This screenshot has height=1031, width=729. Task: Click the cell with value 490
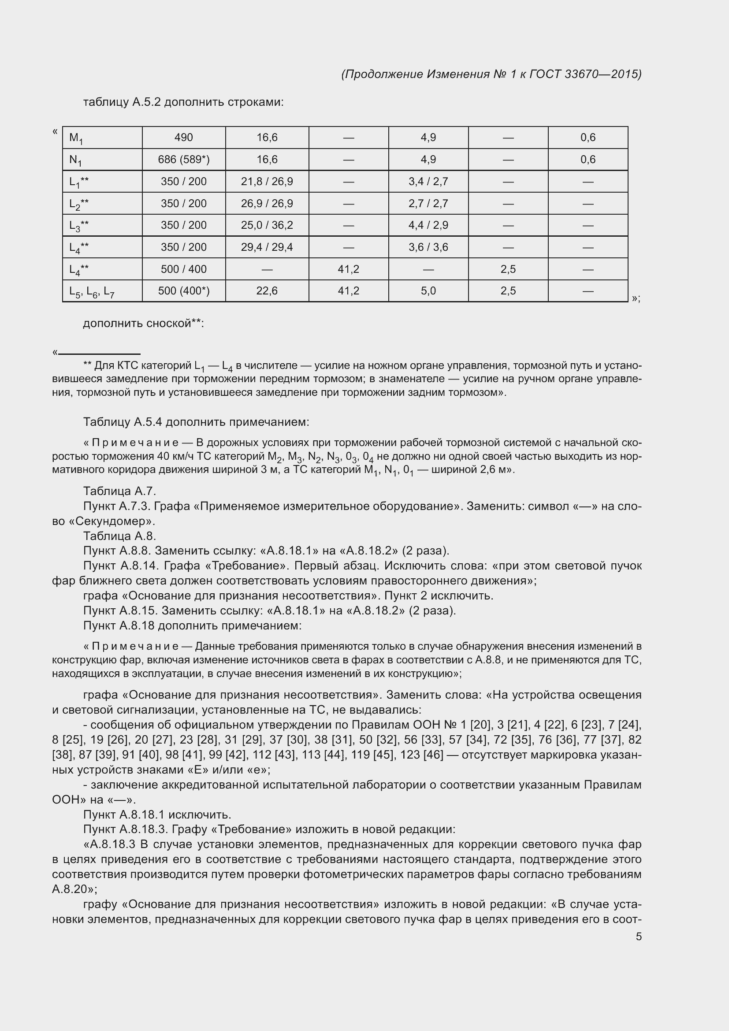pos(184,138)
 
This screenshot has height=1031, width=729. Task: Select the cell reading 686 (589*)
pos(184,160)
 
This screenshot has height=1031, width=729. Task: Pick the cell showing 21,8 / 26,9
pos(267,182)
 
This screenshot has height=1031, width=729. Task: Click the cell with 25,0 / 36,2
pos(267,225)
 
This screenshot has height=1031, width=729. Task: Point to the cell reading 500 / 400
pos(184,269)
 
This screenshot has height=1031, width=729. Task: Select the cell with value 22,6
pos(267,291)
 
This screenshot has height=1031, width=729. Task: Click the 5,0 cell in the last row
pos(428,291)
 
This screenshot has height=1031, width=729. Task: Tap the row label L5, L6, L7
pos(92,292)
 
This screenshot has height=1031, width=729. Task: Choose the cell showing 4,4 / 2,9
pos(428,225)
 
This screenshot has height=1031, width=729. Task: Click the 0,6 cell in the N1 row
pos(588,160)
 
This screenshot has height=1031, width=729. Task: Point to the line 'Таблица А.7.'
pos(119,491)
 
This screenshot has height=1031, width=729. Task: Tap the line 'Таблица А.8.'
pos(119,536)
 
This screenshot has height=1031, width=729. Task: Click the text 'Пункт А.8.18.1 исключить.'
pos(157,815)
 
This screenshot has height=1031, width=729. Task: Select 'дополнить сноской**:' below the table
pos(143,323)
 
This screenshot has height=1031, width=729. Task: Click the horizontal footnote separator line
pos(99,354)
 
